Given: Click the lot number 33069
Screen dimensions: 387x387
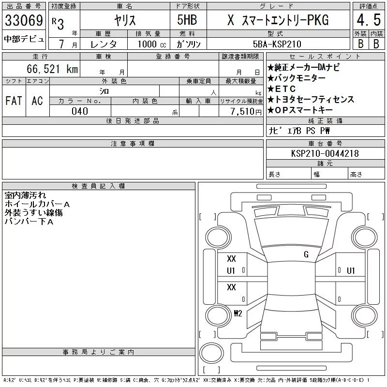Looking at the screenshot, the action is [x=24, y=20].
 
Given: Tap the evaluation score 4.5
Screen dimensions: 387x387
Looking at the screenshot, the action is [x=369, y=20].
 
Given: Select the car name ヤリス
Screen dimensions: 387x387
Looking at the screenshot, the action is [x=125, y=20].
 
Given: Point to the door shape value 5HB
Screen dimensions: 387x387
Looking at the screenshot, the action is [x=187, y=20].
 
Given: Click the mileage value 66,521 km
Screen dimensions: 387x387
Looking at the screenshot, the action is [x=52, y=69].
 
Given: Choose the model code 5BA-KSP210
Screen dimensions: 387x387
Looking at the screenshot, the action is [x=277, y=44].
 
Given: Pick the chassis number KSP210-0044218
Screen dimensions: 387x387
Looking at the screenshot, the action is [x=325, y=153].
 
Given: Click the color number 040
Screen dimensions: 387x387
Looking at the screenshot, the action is [x=80, y=111].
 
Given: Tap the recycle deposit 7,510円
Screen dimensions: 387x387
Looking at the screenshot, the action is [x=246, y=112].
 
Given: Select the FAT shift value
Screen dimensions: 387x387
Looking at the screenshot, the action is [x=14, y=101].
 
